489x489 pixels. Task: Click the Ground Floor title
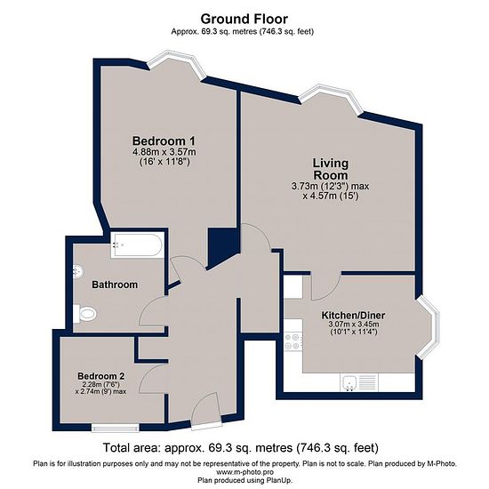(244, 19)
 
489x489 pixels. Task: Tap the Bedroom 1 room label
(164, 141)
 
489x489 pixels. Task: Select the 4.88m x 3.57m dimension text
(164, 152)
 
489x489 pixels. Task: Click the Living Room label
(331, 169)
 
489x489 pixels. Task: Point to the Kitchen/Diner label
(353, 316)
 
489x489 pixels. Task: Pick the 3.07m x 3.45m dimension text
(354, 325)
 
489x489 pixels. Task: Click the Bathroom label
(115, 285)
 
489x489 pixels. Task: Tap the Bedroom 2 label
(101, 376)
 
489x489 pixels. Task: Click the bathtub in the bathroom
(137, 245)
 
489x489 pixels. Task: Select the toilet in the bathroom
(84, 314)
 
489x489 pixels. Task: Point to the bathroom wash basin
(77, 271)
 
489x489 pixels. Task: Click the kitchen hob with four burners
(293, 341)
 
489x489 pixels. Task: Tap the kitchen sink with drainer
(358, 382)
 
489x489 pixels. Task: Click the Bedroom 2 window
(115, 428)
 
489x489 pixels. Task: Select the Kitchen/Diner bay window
(428, 327)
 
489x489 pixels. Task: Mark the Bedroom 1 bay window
(176, 66)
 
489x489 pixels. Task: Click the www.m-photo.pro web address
(244, 472)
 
